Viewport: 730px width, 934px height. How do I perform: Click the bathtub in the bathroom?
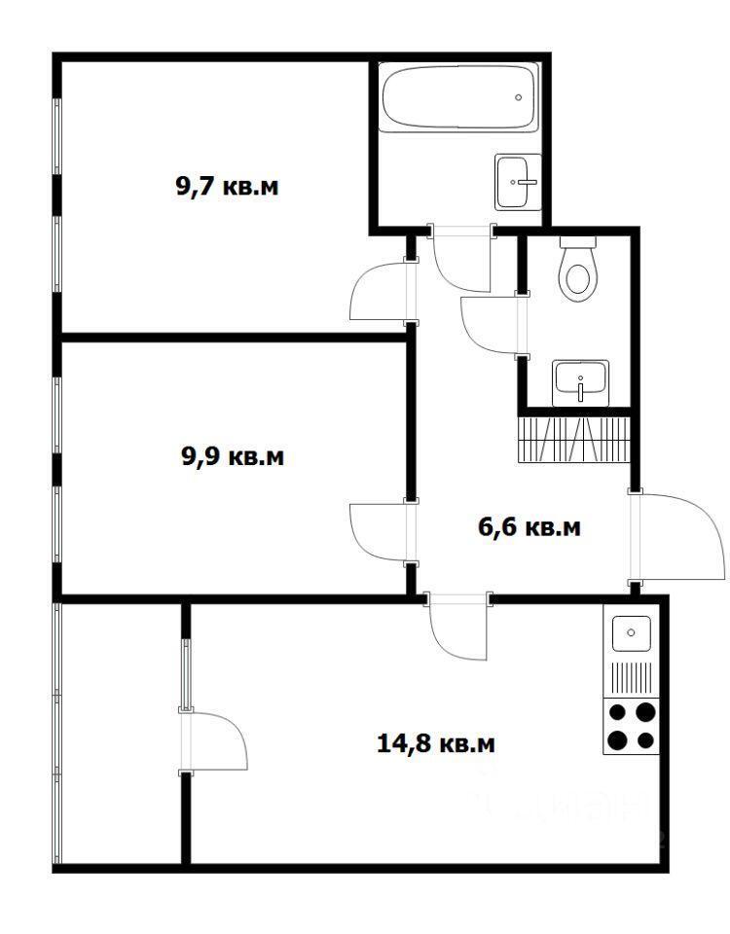click(x=458, y=97)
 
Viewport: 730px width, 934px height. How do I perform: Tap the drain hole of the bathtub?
click(x=519, y=97)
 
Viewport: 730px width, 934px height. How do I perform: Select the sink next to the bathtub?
click(x=517, y=182)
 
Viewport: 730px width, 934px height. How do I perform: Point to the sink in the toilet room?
click(x=580, y=382)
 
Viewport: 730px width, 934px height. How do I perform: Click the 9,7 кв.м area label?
click(x=227, y=187)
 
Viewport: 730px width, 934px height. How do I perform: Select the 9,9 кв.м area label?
click(x=233, y=457)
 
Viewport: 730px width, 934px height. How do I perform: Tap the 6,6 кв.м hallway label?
click(x=529, y=527)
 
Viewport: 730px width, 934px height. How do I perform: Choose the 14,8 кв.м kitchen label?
click(x=436, y=743)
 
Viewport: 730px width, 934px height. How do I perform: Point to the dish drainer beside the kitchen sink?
click(x=632, y=678)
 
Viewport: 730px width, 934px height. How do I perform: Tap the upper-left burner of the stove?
click(x=617, y=712)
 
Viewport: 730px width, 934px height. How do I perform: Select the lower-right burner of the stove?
click(x=646, y=740)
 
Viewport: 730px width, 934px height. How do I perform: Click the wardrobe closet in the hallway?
click(x=574, y=440)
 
